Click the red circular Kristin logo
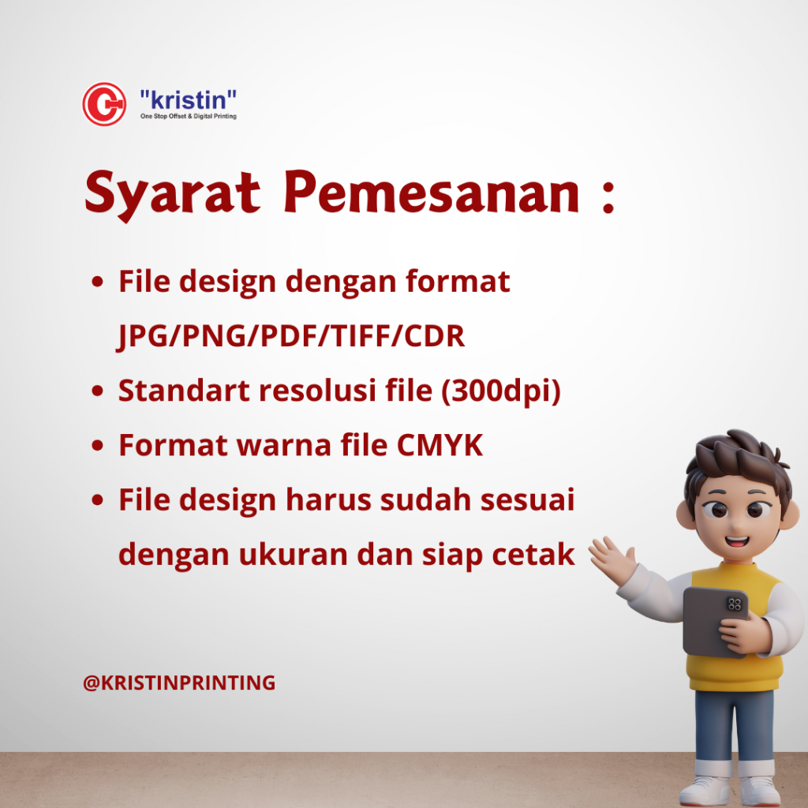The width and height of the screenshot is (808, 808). tap(104, 104)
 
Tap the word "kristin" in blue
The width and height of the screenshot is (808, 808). tap(188, 99)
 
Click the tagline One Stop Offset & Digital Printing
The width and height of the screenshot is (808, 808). tap(188, 117)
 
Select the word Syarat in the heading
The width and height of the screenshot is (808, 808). tap(173, 195)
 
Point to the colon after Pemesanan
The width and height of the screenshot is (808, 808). tap(608, 197)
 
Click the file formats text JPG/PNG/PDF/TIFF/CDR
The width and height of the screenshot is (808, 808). tap(291, 337)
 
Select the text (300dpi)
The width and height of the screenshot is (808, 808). tap(501, 391)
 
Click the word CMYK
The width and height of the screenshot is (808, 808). tap(440, 445)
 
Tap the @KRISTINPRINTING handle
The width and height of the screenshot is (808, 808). tap(179, 683)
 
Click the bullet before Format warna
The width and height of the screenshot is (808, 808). tap(97, 445)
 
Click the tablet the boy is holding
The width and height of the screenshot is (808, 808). tap(716, 621)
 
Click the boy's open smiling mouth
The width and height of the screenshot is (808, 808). tap(737, 541)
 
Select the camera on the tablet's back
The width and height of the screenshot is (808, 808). tap(735, 604)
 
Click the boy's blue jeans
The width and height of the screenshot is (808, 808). tap(734, 726)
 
